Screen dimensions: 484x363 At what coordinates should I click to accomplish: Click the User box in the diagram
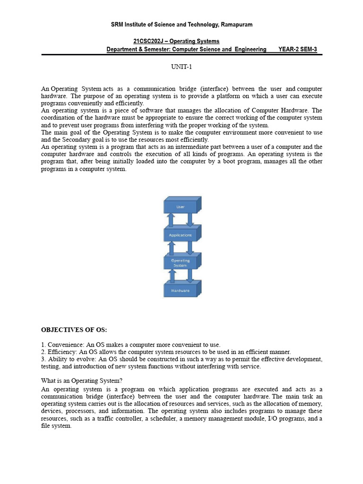click(180, 207)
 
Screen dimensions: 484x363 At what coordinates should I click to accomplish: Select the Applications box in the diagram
click(180, 234)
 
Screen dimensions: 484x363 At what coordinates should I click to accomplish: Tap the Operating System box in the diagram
click(180, 263)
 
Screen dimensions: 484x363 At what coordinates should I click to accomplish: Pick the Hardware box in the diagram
click(180, 290)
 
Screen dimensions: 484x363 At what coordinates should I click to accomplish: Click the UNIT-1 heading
click(181, 67)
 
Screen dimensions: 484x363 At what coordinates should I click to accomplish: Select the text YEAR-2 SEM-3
click(298, 50)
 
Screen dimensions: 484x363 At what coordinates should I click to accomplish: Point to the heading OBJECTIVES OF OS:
click(78, 329)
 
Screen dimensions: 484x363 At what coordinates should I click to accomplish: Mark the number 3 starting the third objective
click(43, 359)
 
